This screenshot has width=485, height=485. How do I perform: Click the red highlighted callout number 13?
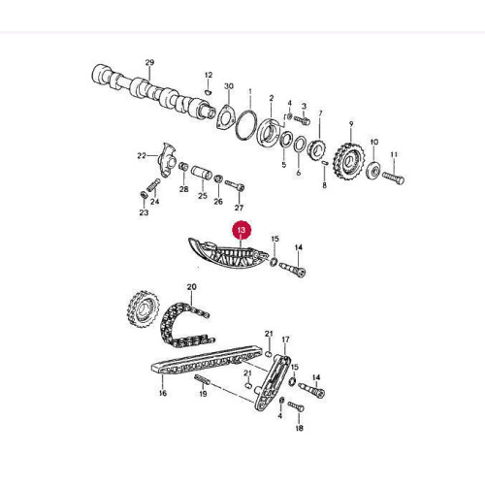[x=242, y=231]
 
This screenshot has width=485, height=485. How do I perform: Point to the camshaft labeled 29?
[x=154, y=94]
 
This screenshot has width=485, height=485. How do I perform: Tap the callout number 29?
[x=149, y=62]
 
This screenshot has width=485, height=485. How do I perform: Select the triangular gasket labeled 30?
[x=225, y=117]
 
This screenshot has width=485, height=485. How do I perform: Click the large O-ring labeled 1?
[x=246, y=125]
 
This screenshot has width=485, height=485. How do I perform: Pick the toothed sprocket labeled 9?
[x=350, y=161]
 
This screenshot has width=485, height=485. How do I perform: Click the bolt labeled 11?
[x=393, y=178]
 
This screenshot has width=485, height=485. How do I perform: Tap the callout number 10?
[x=373, y=142]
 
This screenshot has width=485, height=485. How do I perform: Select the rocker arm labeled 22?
[x=167, y=159]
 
